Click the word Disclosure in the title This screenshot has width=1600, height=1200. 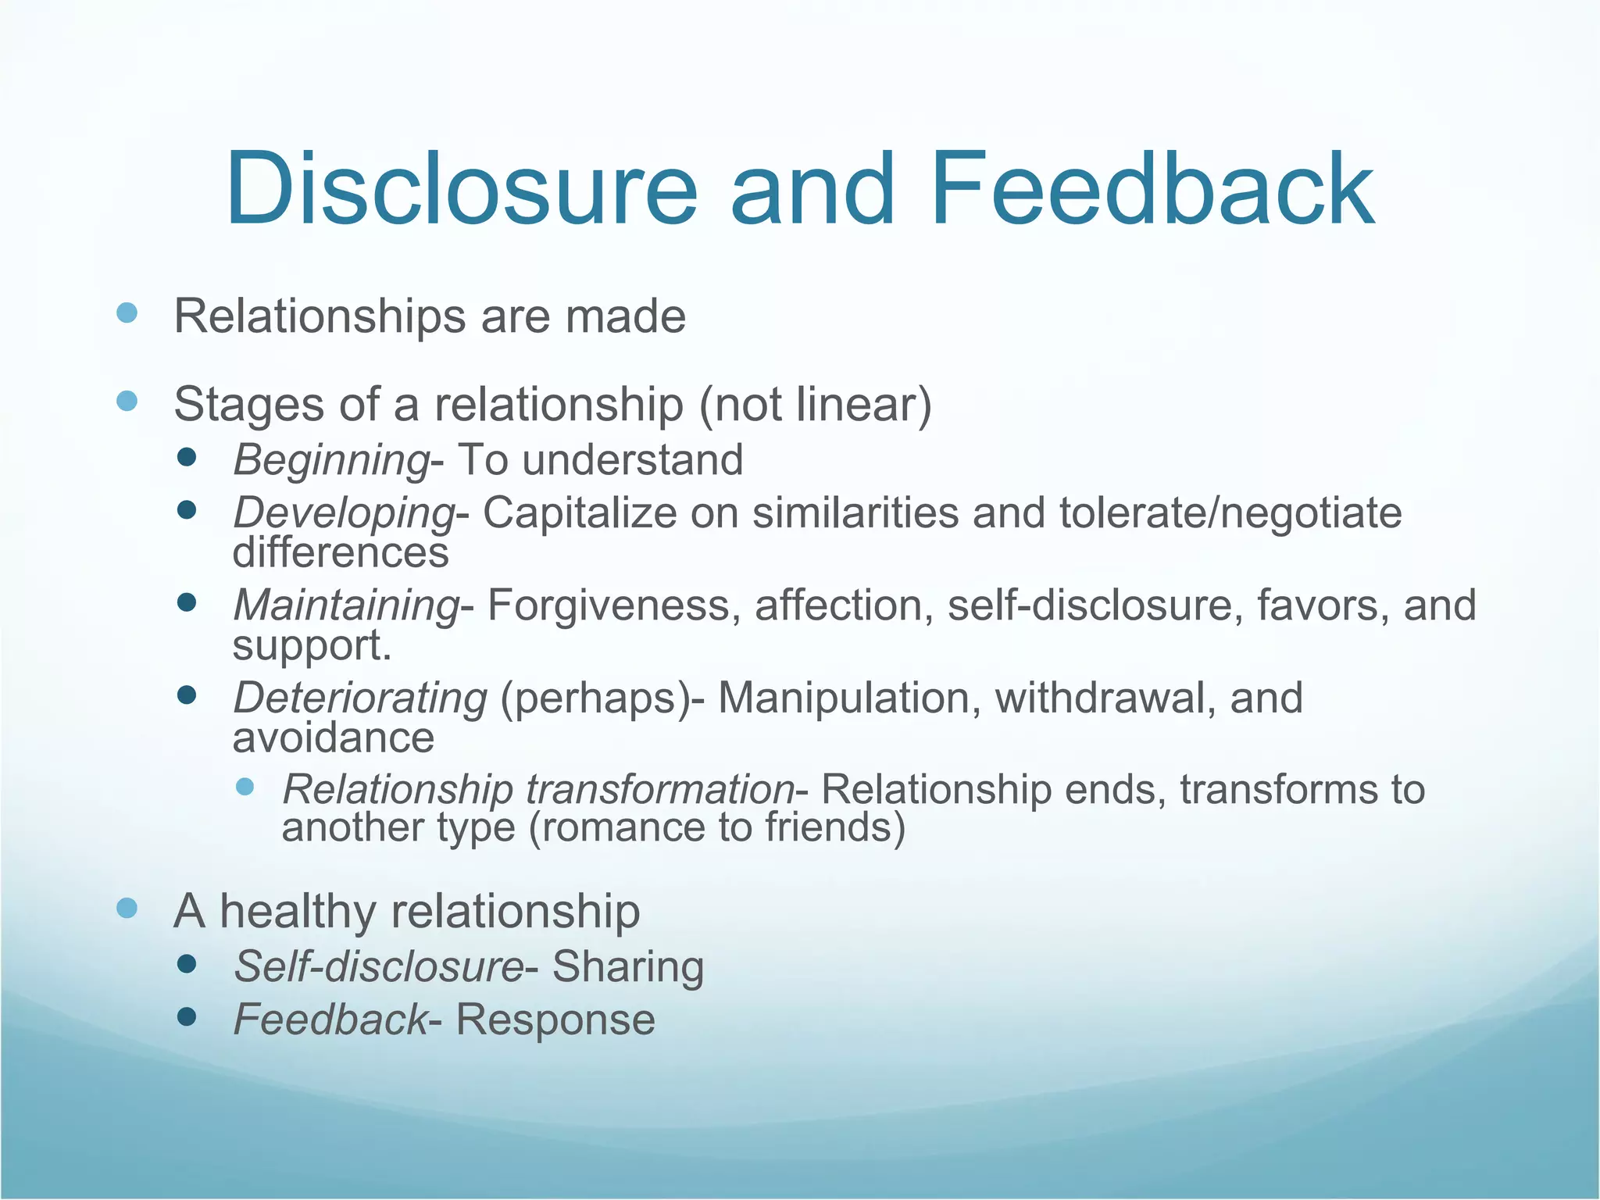(461, 189)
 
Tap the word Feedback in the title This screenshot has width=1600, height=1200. (1152, 189)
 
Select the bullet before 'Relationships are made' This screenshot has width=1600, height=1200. (127, 313)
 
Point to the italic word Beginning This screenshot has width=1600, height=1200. (331, 460)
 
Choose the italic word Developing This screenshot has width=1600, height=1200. (344, 514)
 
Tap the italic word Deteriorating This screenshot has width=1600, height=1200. (360, 698)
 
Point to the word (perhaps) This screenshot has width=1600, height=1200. (595, 698)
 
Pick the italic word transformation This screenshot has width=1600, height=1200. (660, 789)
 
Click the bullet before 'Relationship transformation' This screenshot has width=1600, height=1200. (245, 786)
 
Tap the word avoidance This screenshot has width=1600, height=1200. (334, 737)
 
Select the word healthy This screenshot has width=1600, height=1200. (298, 912)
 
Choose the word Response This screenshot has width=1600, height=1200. (555, 1020)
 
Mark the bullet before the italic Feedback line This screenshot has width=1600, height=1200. (186, 1016)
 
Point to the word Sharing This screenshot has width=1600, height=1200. (628, 966)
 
